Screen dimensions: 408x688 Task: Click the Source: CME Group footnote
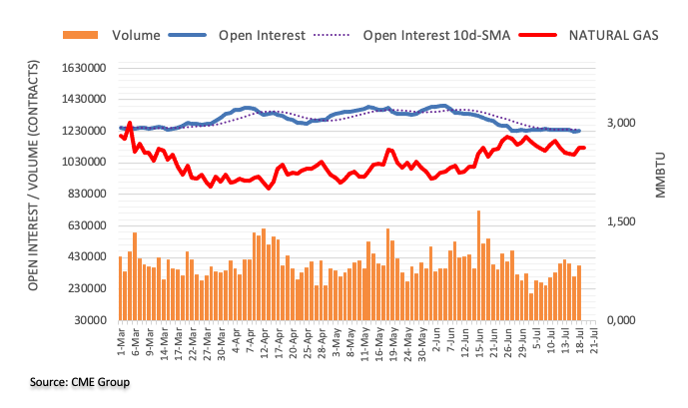tap(80, 382)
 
